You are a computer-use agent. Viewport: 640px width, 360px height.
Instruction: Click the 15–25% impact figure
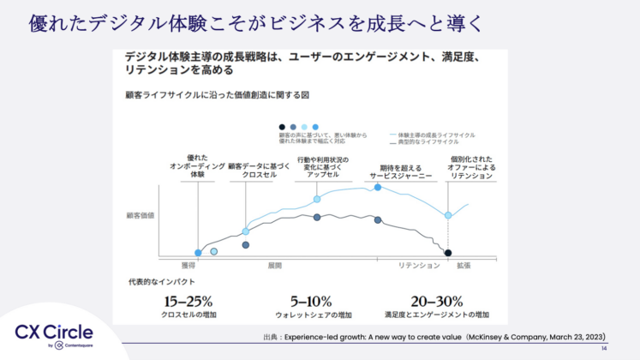[188, 301]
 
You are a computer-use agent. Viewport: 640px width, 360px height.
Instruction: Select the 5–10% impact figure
[310, 301]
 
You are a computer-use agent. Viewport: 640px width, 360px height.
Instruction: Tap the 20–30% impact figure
[436, 301]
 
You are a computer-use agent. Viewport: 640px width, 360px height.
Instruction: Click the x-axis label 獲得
[188, 266]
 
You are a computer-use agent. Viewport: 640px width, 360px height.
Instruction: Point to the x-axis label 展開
[275, 266]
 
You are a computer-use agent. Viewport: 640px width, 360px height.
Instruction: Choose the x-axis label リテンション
[417, 266]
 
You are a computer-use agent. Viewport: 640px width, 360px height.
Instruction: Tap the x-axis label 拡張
[464, 266]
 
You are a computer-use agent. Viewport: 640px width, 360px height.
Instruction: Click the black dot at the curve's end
[448, 253]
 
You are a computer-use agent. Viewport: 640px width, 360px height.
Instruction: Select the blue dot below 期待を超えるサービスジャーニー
[377, 187]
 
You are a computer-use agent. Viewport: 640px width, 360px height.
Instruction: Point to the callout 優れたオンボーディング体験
[197, 165]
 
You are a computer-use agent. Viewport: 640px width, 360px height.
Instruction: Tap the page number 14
[603, 349]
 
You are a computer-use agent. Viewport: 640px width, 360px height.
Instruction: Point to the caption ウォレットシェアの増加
[309, 315]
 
